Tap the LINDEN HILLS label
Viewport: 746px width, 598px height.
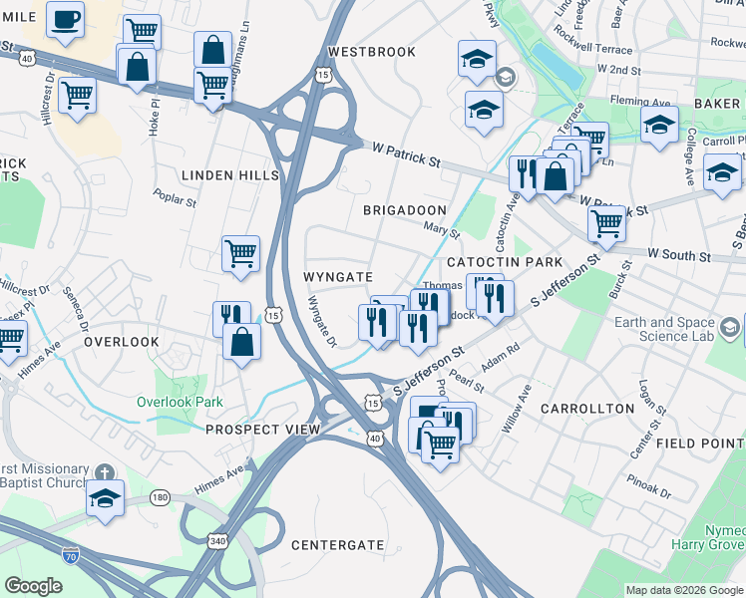[x=230, y=175]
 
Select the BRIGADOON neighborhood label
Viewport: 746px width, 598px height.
[x=404, y=210]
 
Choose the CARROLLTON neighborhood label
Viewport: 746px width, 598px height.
[x=587, y=409]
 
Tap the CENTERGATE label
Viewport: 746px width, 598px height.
[x=337, y=545]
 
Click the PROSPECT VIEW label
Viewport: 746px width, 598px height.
[x=262, y=430]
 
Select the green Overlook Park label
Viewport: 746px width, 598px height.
[x=180, y=402]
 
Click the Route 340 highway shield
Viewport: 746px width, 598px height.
[x=216, y=540]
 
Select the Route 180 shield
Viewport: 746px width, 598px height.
[x=161, y=496]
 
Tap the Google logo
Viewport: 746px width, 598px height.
[x=33, y=586]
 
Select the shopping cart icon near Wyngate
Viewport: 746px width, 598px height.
[x=240, y=255]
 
